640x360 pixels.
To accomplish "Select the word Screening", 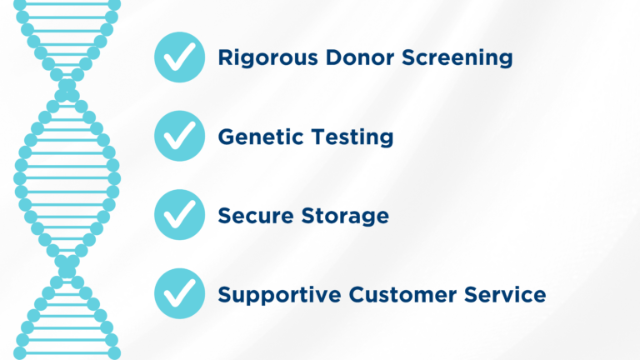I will point(457,58).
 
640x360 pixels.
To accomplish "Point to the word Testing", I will point(350,137).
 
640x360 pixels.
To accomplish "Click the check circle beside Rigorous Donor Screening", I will point(179,57).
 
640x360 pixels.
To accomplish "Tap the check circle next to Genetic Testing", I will point(179,136).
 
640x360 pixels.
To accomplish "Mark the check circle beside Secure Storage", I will point(179,214).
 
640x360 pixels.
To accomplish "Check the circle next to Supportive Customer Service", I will point(179,293).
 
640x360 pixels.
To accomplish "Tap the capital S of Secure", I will point(225,215).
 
